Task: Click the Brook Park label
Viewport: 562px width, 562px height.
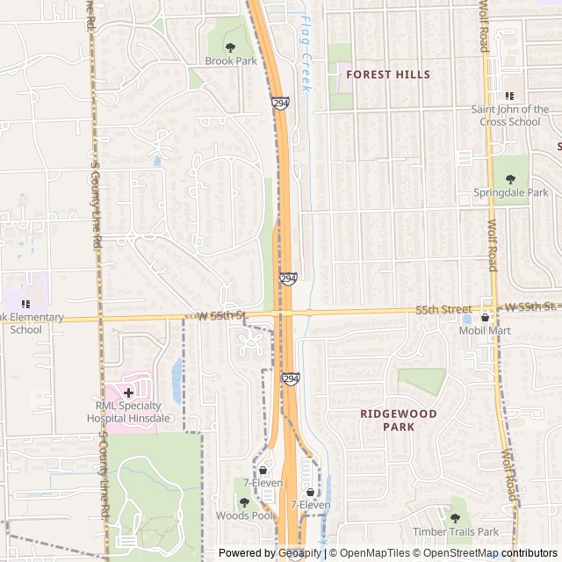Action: (x=231, y=61)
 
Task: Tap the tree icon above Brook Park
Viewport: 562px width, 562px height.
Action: (x=231, y=47)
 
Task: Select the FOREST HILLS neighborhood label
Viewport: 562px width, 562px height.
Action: (x=388, y=75)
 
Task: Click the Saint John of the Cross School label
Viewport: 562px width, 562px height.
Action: (x=510, y=116)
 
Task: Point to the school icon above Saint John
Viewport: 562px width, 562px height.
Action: (x=509, y=96)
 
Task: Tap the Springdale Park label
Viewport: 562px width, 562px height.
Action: (x=510, y=192)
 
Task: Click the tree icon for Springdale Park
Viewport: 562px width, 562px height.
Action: (x=510, y=178)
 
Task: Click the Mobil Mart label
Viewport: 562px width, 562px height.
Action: (x=485, y=331)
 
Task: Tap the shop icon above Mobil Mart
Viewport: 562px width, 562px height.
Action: (x=485, y=317)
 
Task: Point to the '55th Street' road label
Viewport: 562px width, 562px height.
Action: (x=443, y=310)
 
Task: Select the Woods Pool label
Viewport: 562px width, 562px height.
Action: (x=244, y=516)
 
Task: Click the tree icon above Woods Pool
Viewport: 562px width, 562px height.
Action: (x=244, y=502)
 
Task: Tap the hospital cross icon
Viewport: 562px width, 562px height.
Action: (x=128, y=393)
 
